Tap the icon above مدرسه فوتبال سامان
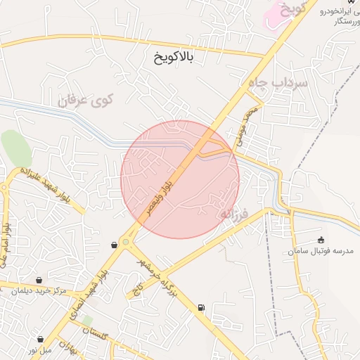(x=321, y=240)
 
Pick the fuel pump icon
(x=202, y=307)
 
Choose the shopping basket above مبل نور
(x=40, y=339)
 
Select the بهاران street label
(x=67, y=346)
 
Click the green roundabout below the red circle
(x=125, y=243)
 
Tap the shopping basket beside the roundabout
(x=114, y=245)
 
